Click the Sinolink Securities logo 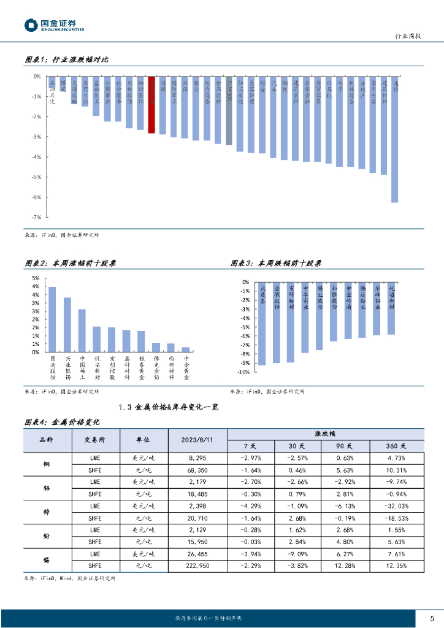pos(54,25)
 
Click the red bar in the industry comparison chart pos(151,104)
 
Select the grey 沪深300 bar pos(229,110)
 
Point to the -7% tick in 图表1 pos(36,217)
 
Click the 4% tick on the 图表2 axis pos(35,286)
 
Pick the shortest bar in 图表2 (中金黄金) pos(186,350)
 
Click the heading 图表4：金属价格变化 pos(61,422)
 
